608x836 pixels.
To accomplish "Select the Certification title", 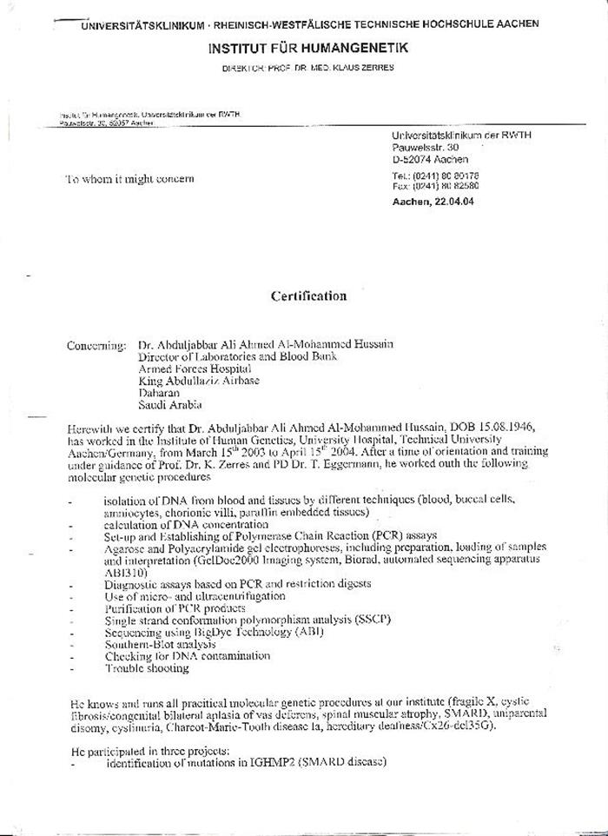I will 308,296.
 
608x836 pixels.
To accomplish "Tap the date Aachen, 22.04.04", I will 433,202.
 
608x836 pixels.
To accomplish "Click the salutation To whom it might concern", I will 130,179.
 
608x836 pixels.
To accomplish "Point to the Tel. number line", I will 435,176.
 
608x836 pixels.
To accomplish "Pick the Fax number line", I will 435,186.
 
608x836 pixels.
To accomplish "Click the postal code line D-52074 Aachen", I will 430,159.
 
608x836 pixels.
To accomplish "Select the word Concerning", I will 96,345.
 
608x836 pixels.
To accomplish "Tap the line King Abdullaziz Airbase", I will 199,381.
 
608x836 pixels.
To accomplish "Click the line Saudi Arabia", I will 170,404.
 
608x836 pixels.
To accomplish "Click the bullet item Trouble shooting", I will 147,668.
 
